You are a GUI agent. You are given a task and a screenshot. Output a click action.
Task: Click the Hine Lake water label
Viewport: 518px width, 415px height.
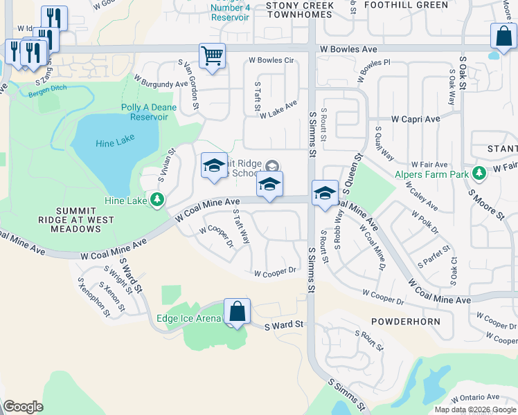point(115,140)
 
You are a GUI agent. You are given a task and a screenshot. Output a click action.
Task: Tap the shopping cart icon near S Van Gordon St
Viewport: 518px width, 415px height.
point(213,56)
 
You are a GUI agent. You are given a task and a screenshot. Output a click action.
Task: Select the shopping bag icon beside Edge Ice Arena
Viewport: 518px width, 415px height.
point(237,312)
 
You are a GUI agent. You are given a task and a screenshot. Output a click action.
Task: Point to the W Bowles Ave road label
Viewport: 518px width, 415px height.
point(348,49)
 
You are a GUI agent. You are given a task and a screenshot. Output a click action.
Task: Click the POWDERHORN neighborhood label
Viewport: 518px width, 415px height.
point(405,322)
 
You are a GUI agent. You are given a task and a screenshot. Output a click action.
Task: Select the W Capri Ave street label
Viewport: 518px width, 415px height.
point(416,119)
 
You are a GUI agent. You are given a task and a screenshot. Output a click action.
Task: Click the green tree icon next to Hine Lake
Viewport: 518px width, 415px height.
point(157,201)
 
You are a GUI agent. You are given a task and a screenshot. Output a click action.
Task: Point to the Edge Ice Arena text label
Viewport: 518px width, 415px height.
point(189,318)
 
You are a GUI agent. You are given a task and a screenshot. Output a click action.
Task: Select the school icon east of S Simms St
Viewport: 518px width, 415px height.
point(324,193)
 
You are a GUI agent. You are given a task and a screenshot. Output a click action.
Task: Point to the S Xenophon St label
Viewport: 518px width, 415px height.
point(93,297)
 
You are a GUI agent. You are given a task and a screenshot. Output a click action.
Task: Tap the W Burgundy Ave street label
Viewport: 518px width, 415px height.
point(162,84)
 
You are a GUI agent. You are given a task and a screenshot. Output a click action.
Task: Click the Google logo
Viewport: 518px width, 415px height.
point(23,407)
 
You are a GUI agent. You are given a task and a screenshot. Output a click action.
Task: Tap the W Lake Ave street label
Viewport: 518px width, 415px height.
point(278,109)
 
